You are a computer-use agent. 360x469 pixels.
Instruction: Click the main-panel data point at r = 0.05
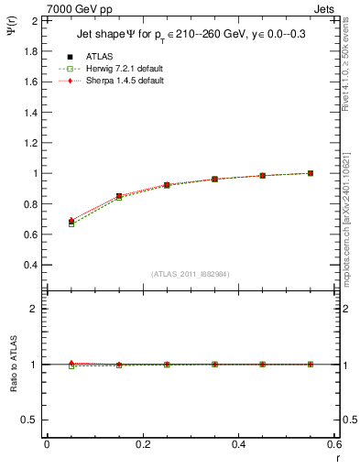click(x=71, y=222)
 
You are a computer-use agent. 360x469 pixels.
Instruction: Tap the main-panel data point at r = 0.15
click(x=119, y=196)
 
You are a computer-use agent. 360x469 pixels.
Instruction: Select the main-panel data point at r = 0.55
click(x=311, y=173)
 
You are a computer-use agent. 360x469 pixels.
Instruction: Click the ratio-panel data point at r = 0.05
click(x=71, y=364)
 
